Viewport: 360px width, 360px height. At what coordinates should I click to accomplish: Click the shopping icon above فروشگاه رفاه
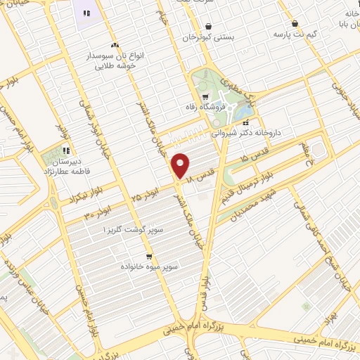tap(205, 96)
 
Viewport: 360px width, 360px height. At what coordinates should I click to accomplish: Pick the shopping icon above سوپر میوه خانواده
tap(149, 257)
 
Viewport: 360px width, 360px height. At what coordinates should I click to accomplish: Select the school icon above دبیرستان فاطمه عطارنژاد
tap(67, 150)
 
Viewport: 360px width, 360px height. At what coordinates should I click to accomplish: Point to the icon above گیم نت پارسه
tap(295, 22)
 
